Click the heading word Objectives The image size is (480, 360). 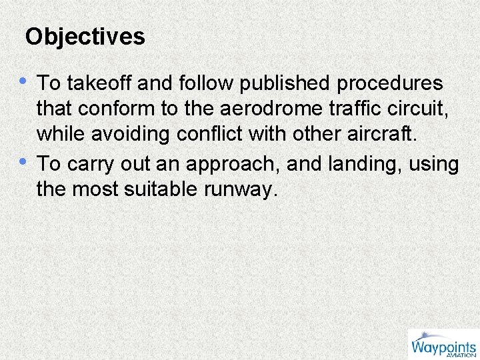[x=85, y=36]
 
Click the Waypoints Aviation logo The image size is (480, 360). [x=443, y=345]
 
